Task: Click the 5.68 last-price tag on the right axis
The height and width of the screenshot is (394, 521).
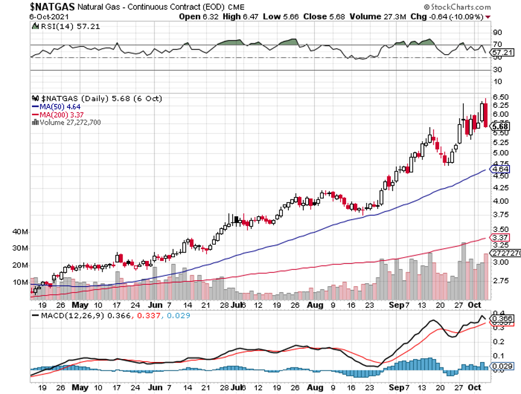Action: pos(501,127)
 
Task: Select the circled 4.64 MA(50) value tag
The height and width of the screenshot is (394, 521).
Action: pos(501,170)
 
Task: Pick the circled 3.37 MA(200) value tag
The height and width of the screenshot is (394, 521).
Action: pos(501,237)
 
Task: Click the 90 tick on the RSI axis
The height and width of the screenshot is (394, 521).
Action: pos(497,32)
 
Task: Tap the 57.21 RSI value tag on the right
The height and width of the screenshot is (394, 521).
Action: pos(502,53)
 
